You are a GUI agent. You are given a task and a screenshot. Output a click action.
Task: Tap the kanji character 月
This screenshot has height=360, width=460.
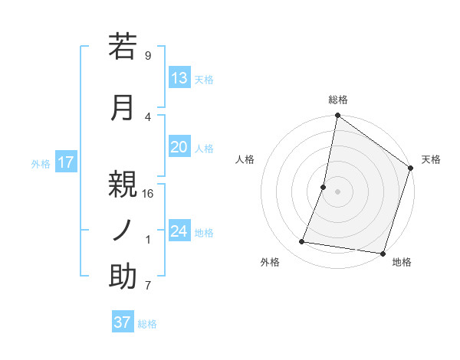coord(123,107)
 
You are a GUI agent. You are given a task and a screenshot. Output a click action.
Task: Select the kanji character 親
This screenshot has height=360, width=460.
coord(123,185)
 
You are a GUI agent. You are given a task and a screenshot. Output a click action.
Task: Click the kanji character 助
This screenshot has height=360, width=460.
coord(123,277)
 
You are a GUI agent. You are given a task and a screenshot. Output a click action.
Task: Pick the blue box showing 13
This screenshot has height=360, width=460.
coord(179,78)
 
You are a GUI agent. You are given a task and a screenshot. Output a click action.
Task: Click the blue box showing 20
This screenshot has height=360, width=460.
coord(179,147)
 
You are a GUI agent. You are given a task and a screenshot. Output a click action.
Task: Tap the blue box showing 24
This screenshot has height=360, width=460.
coord(179,231)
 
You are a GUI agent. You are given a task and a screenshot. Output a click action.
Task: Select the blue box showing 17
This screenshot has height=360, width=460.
coord(66,162)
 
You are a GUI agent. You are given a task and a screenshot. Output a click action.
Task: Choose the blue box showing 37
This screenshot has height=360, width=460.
coord(123,322)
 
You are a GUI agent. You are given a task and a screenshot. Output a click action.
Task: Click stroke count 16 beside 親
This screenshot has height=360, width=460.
coord(148,193)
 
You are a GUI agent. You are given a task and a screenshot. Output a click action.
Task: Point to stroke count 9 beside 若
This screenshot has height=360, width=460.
coord(148,55)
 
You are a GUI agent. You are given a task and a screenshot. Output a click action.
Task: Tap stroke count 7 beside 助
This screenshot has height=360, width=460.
coord(148,286)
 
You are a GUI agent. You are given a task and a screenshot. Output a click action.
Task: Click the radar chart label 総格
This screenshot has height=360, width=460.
coord(338,100)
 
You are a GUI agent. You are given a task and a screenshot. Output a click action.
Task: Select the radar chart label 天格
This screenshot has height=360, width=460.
coord(431,159)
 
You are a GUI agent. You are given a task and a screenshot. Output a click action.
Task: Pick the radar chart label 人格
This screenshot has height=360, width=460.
coord(245,159)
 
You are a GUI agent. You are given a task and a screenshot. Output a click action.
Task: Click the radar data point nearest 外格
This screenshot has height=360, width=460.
coord(302,242)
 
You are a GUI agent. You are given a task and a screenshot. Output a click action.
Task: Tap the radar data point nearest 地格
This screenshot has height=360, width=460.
coord(383,253)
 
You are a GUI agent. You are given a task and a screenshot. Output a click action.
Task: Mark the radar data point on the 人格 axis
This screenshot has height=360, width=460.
coord(324,187)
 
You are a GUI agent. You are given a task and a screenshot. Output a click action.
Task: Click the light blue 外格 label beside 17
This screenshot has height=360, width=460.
coord(41,163)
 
